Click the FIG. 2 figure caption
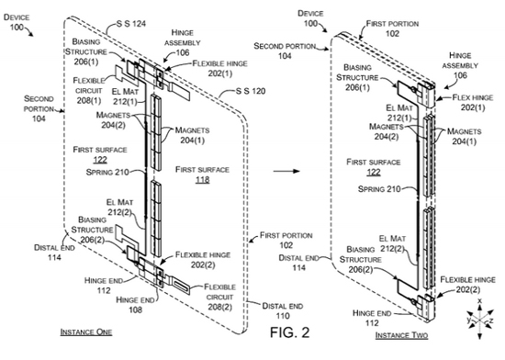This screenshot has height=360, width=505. tap(289, 332)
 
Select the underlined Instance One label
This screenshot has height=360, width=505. tap(86, 332)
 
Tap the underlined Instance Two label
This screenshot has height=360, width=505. tap(401, 335)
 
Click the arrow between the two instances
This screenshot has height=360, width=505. tap(286, 171)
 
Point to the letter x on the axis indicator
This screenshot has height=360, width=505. tap(479, 300)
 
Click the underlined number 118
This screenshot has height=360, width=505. tap(202, 180)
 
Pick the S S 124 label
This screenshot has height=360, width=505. tap(131, 24)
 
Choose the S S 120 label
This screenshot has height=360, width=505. tap(251, 91)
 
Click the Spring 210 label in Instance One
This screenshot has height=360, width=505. tap(107, 173)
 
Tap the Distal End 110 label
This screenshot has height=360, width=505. tap(283, 310)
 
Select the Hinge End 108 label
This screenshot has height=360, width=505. tap(135, 305)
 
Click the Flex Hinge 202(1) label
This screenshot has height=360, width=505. tap(473, 102)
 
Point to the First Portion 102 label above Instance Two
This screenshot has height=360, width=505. tap(392, 28)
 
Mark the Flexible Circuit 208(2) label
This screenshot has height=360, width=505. tap(219, 297)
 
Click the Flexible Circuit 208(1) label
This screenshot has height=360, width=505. tap(89, 91)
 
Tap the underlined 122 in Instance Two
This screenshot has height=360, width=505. tap(374, 173)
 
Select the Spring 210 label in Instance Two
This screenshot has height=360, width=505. tap(379, 189)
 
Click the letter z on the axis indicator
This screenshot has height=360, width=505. tap(491, 321)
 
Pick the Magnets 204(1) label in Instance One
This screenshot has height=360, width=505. tap(192, 135)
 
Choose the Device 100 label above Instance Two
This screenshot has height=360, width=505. tap(310, 18)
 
